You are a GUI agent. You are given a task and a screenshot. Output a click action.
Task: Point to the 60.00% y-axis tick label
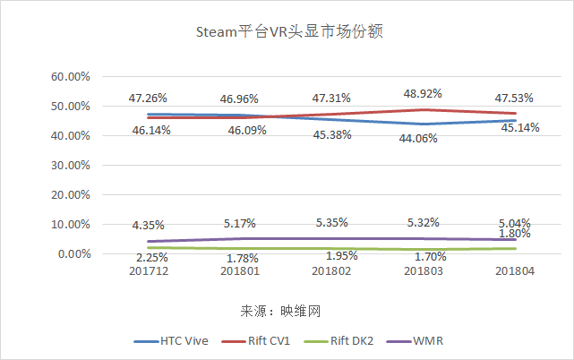click(x=71, y=77)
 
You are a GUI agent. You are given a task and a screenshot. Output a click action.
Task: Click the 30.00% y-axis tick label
click(x=71, y=166)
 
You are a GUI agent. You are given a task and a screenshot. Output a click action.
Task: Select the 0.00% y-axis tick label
click(x=73, y=254)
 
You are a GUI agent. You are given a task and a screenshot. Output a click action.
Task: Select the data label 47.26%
click(x=149, y=98)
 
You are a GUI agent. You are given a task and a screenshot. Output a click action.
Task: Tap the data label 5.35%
click(x=331, y=222)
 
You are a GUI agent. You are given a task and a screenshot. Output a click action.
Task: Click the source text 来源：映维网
click(x=280, y=312)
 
